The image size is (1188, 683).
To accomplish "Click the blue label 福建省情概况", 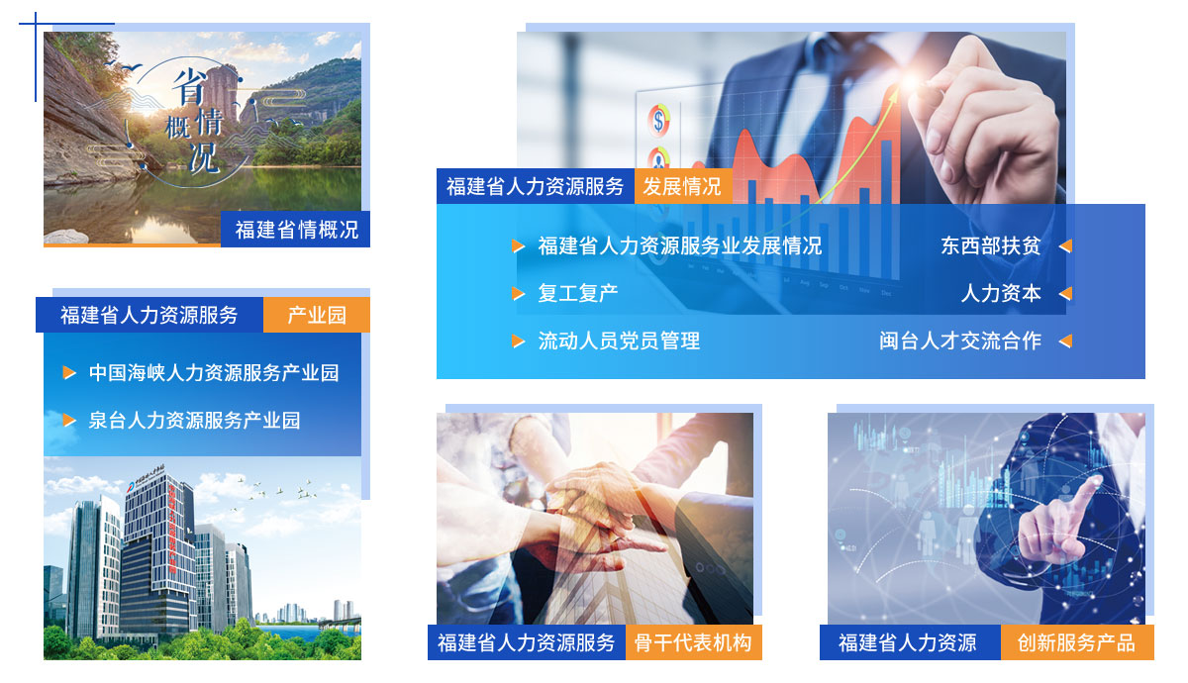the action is [x=295, y=230].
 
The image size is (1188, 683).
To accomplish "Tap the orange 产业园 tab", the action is [x=317, y=315].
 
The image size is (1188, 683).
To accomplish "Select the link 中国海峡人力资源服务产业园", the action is [x=214, y=373].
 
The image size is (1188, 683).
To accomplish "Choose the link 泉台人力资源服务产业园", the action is [x=194, y=421].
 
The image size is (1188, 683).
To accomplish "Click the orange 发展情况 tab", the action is [x=683, y=187].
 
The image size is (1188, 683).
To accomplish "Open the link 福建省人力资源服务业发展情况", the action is [x=680, y=246].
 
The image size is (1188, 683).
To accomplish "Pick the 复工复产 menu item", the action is [x=578, y=293].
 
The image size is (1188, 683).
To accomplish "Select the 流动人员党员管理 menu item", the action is [x=619, y=341].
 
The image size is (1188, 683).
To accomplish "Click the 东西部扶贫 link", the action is [x=991, y=246].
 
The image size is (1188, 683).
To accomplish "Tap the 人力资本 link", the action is [x=1001, y=293].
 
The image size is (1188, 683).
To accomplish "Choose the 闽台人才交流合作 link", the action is [x=960, y=341].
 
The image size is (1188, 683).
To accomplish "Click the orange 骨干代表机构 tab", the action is [x=694, y=642].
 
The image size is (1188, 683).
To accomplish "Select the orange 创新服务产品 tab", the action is [x=1077, y=642].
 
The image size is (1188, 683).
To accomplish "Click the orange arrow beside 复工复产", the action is [x=518, y=294].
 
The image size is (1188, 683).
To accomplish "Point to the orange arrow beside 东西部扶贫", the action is [x=1065, y=246].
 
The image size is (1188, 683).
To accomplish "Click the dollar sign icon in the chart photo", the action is [x=658, y=121].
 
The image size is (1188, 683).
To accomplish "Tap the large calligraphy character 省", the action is [x=189, y=86].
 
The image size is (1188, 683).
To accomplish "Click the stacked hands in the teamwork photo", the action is [x=599, y=509].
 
